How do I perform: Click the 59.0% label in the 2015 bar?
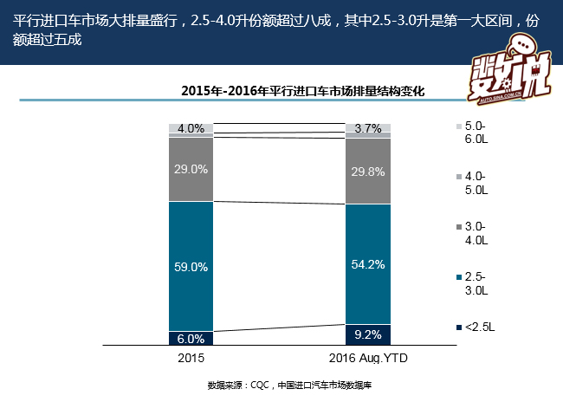point(191,268)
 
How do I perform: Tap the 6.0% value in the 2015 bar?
point(191,339)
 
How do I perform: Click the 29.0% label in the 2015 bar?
point(191,169)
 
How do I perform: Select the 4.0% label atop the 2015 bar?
point(191,129)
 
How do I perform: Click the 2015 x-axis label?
point(191,357)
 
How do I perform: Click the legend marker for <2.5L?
point(457,327)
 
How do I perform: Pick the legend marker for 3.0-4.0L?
point(457,228)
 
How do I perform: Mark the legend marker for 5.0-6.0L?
point(457,127)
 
